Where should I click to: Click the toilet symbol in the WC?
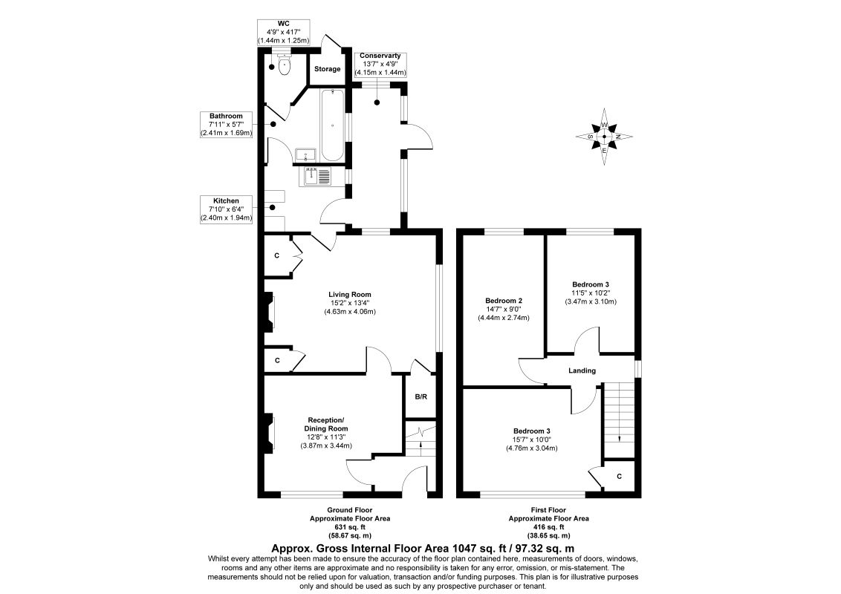pyautogui.click(x=285, y=65)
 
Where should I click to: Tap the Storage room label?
pyautogui.click(x=327, y=69)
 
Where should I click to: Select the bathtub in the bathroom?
pyautogui.click(x=333, y=125)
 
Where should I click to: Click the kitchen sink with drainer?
pyautogui.click(x=317, y=176)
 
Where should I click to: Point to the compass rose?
pyautogui.click(x=604, y=136)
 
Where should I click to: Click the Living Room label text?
pyautogui.click(x=350, y=294)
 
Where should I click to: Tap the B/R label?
pyautogui.click(x=421, y=397)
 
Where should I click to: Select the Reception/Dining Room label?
pyautogui.click(x=326, y=424)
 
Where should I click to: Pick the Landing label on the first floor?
pyautogui.click(x=582, y=371)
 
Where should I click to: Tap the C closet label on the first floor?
pyautogui.click(x=620, y=476)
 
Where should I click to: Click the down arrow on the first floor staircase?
pyautogui.click(x=620, y=437)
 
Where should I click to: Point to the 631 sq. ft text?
pyautogui.click(x=350, y=527)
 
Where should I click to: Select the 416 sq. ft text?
pyautogui.click(x=548, y=527)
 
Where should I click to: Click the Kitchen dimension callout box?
pyautogui.click(x=226, y=209)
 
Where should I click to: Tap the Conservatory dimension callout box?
pyautogui.click(x=380, y=64)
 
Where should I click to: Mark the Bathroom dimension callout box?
pyautogui.click(x=226, y=125)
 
